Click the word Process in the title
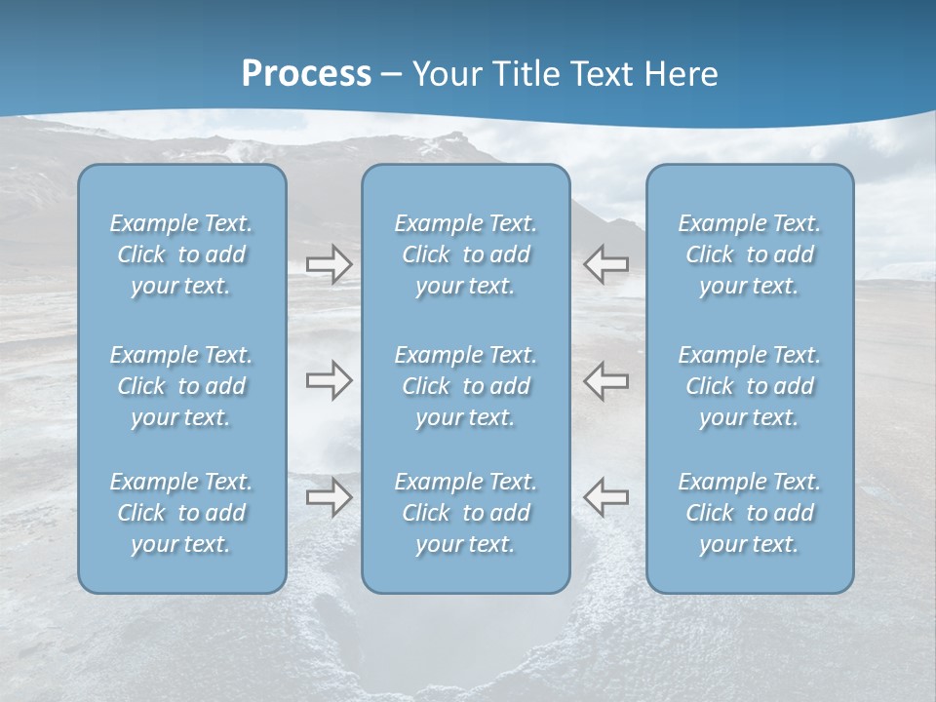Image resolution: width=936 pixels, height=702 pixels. [306, 74]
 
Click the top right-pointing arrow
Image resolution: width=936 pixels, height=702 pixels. [329, 264]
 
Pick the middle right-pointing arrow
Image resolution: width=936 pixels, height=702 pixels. [329, 380]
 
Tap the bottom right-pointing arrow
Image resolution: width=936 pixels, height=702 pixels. [329, 498]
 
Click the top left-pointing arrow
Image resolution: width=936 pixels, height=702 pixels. [605, 264]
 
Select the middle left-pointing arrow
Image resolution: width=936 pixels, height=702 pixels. [605, 380]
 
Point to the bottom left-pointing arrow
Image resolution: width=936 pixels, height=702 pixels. [605, 498]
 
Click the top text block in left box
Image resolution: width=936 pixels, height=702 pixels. [181, 254]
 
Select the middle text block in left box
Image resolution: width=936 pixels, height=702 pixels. [181, 386]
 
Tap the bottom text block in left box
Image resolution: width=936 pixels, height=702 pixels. [181, 513]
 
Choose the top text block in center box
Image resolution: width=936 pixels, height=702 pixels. [465, 254]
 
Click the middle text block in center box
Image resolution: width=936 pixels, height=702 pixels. [465, 386]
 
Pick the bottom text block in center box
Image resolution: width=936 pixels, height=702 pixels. [465, 513]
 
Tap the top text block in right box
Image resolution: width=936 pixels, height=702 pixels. [749, 254]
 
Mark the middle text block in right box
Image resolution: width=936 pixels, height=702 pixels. [749, 386]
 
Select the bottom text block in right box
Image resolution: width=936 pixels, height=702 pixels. [749, 513]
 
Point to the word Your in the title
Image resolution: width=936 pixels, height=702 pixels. [444, 74]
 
